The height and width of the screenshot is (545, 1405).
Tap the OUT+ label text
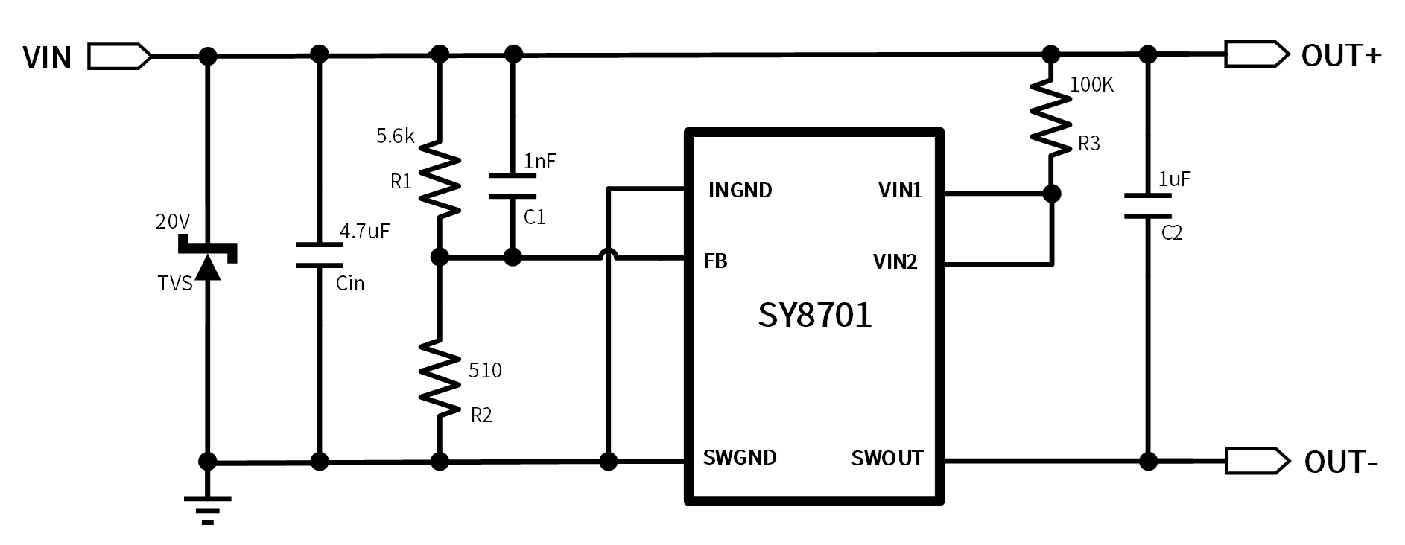[x=1341, y=56]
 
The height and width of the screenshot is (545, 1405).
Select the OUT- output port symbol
[x=1257, y=462]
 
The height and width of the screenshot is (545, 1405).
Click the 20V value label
[x=173, y=221]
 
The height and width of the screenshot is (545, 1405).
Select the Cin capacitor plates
[x=319, y=255]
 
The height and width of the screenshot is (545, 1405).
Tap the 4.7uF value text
[x=364, y=231]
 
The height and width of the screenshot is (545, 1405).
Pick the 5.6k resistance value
[x=395, y=136]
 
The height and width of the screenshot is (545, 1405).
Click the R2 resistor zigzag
[x=440, y=377]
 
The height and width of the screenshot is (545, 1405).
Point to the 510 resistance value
[x=485, y=370]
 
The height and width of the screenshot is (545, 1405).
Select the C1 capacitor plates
[x=512, y=186]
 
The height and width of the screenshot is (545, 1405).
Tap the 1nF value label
[x=540, y=162]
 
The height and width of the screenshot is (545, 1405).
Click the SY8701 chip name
[x=814, y=315]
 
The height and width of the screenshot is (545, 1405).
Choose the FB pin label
[x=715, y=261]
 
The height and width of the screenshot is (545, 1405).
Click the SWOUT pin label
[x=887, y=459]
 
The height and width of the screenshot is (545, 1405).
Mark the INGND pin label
[x=740, y=191]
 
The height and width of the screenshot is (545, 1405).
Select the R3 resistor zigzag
[x=1050, y=119]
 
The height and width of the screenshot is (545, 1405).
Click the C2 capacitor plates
[x=1148, y=206]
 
